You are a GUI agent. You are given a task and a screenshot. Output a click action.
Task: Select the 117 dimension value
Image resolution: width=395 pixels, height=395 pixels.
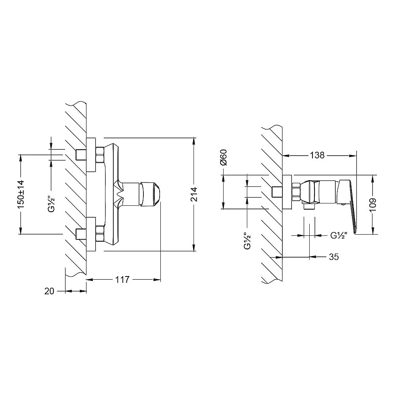coord(122,280)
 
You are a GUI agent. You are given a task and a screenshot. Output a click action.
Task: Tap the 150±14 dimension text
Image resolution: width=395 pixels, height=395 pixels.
coord(21,194)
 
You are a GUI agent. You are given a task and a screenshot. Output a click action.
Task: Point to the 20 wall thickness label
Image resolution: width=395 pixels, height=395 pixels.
coord(49,291)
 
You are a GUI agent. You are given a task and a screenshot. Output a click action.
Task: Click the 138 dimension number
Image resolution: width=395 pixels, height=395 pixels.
coord(317,155)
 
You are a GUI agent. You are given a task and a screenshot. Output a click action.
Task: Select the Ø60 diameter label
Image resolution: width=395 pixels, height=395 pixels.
coord(224,157)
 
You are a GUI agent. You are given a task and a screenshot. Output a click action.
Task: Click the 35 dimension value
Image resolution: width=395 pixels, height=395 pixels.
coord(334,257)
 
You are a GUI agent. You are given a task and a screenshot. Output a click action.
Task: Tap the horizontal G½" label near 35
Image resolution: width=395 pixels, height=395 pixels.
coord(339,236)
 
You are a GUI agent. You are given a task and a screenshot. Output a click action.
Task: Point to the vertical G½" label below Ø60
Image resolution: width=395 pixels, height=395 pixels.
coord(248,241)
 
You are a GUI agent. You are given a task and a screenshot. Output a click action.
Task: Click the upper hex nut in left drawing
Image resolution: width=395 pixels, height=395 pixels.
coord(100,155)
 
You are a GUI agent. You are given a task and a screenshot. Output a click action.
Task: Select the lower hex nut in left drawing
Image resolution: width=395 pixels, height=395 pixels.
coord(100,233)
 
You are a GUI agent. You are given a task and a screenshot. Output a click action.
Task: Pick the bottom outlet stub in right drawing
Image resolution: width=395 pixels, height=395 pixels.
coord(308,206)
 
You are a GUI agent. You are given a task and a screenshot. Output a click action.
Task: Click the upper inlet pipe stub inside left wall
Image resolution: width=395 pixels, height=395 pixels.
coord(81,155)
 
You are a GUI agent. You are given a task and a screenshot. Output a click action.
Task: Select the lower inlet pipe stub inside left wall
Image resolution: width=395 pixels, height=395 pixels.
coord(81,234)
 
